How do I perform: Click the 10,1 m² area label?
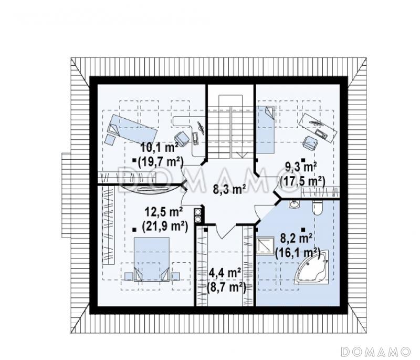(160, 148)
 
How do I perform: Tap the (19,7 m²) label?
(161, 162)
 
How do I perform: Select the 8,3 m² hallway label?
(229, 189)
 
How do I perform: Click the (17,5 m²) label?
(302, 181)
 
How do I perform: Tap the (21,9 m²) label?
(165, 226)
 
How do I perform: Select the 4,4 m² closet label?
(224, 273)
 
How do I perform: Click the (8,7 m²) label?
(227, 287)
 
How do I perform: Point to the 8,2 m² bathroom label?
(296, 238)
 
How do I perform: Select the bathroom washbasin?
(295, 204)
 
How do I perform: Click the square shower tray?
(265, 245)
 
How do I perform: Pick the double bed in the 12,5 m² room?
(152, 259)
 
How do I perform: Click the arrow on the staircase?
(243, 153)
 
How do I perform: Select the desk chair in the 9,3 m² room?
(310, 143)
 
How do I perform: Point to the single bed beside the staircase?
(266, 129)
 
